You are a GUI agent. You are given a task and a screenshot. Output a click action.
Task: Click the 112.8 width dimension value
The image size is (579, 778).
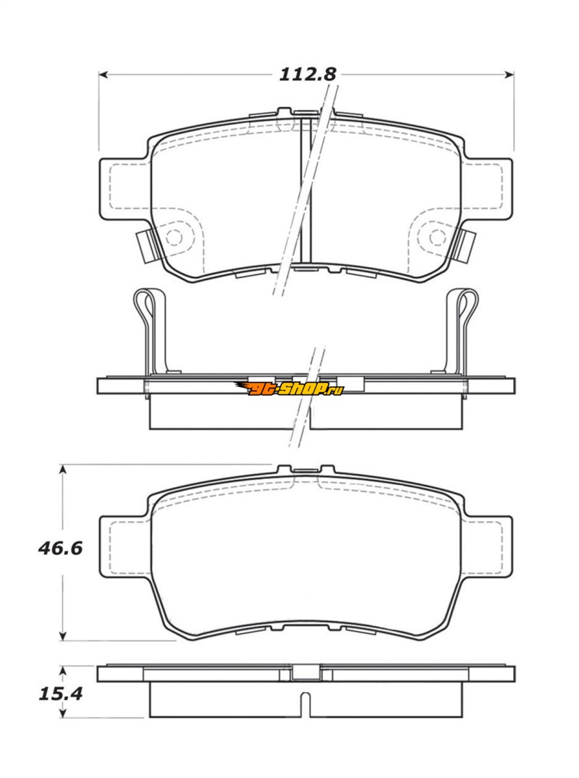[308, 75]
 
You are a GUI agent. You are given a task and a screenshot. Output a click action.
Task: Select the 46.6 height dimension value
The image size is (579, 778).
[60, 549]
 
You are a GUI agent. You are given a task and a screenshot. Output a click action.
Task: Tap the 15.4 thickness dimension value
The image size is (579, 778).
[61, 693]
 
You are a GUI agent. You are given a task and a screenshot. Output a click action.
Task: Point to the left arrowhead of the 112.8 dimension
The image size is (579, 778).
[103, 75]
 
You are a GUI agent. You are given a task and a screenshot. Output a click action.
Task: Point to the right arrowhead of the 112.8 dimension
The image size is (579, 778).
[509, 75]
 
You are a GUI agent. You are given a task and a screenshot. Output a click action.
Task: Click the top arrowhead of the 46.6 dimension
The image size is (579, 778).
[62, 469]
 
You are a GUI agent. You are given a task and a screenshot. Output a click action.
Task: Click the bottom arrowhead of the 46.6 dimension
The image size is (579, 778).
[62, 635]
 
